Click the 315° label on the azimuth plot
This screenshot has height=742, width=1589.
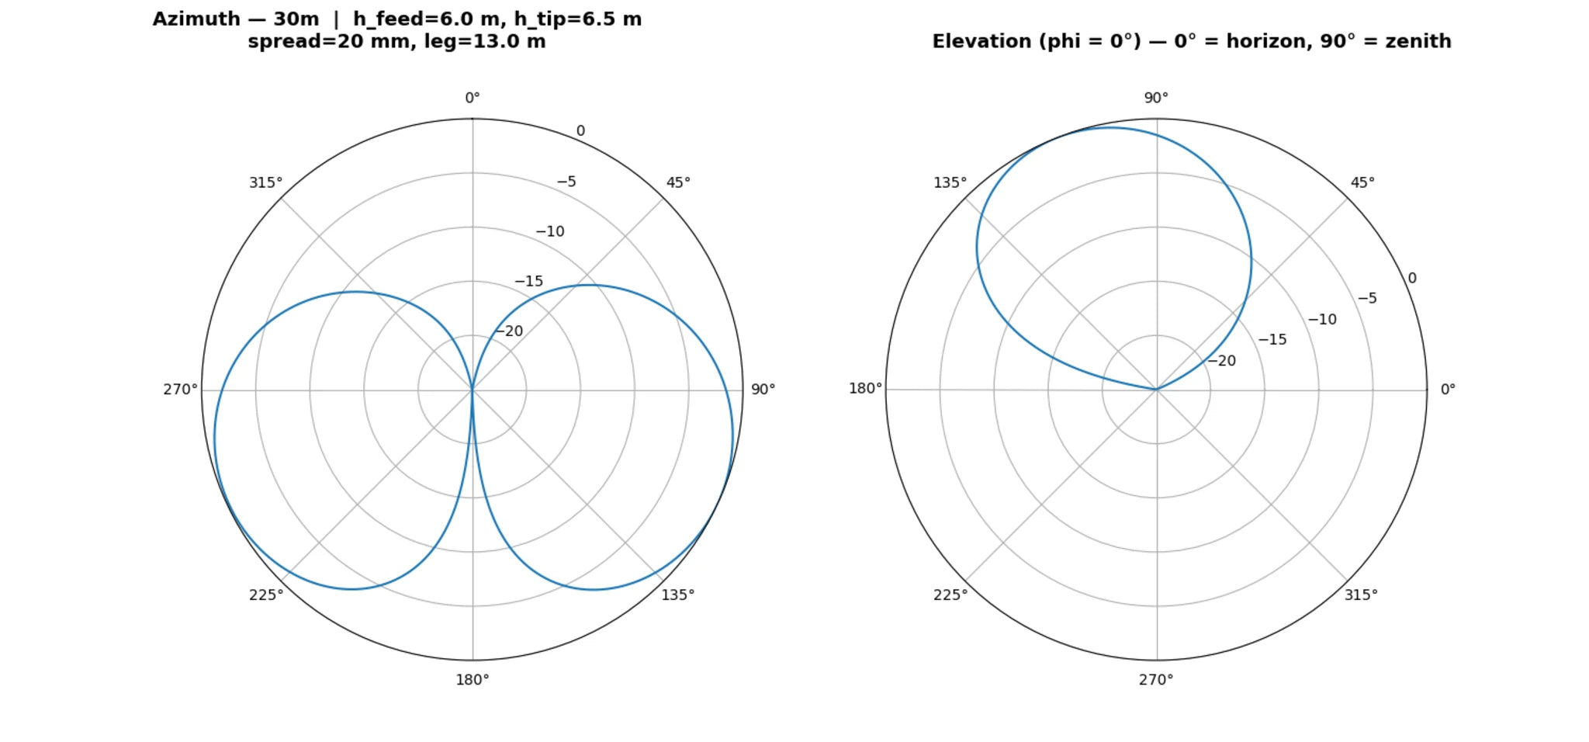pos(265,183)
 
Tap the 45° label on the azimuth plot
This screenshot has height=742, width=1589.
pos(678,183)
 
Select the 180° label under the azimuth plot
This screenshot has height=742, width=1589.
pos(473,681)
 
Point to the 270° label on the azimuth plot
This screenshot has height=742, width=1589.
pos(180,390)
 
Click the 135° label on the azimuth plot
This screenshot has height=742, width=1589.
pos(678,595)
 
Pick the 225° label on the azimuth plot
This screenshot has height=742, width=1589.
pos(266,595)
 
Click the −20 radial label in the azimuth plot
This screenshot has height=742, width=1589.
pos(509,331)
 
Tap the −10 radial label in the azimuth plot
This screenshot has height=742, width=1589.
pos(550,232)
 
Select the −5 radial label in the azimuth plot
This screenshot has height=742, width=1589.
pos(566,182)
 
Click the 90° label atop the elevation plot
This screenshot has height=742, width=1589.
pos(1156,99)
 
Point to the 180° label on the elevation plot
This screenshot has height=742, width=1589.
pos(865,389)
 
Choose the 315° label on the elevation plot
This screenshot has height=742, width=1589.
pos(1362,595)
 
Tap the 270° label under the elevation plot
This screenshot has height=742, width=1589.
pos(1156,681)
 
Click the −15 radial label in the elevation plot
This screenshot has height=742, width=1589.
pos(1272,340)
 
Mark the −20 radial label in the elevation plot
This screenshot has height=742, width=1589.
pos(1221,361)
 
